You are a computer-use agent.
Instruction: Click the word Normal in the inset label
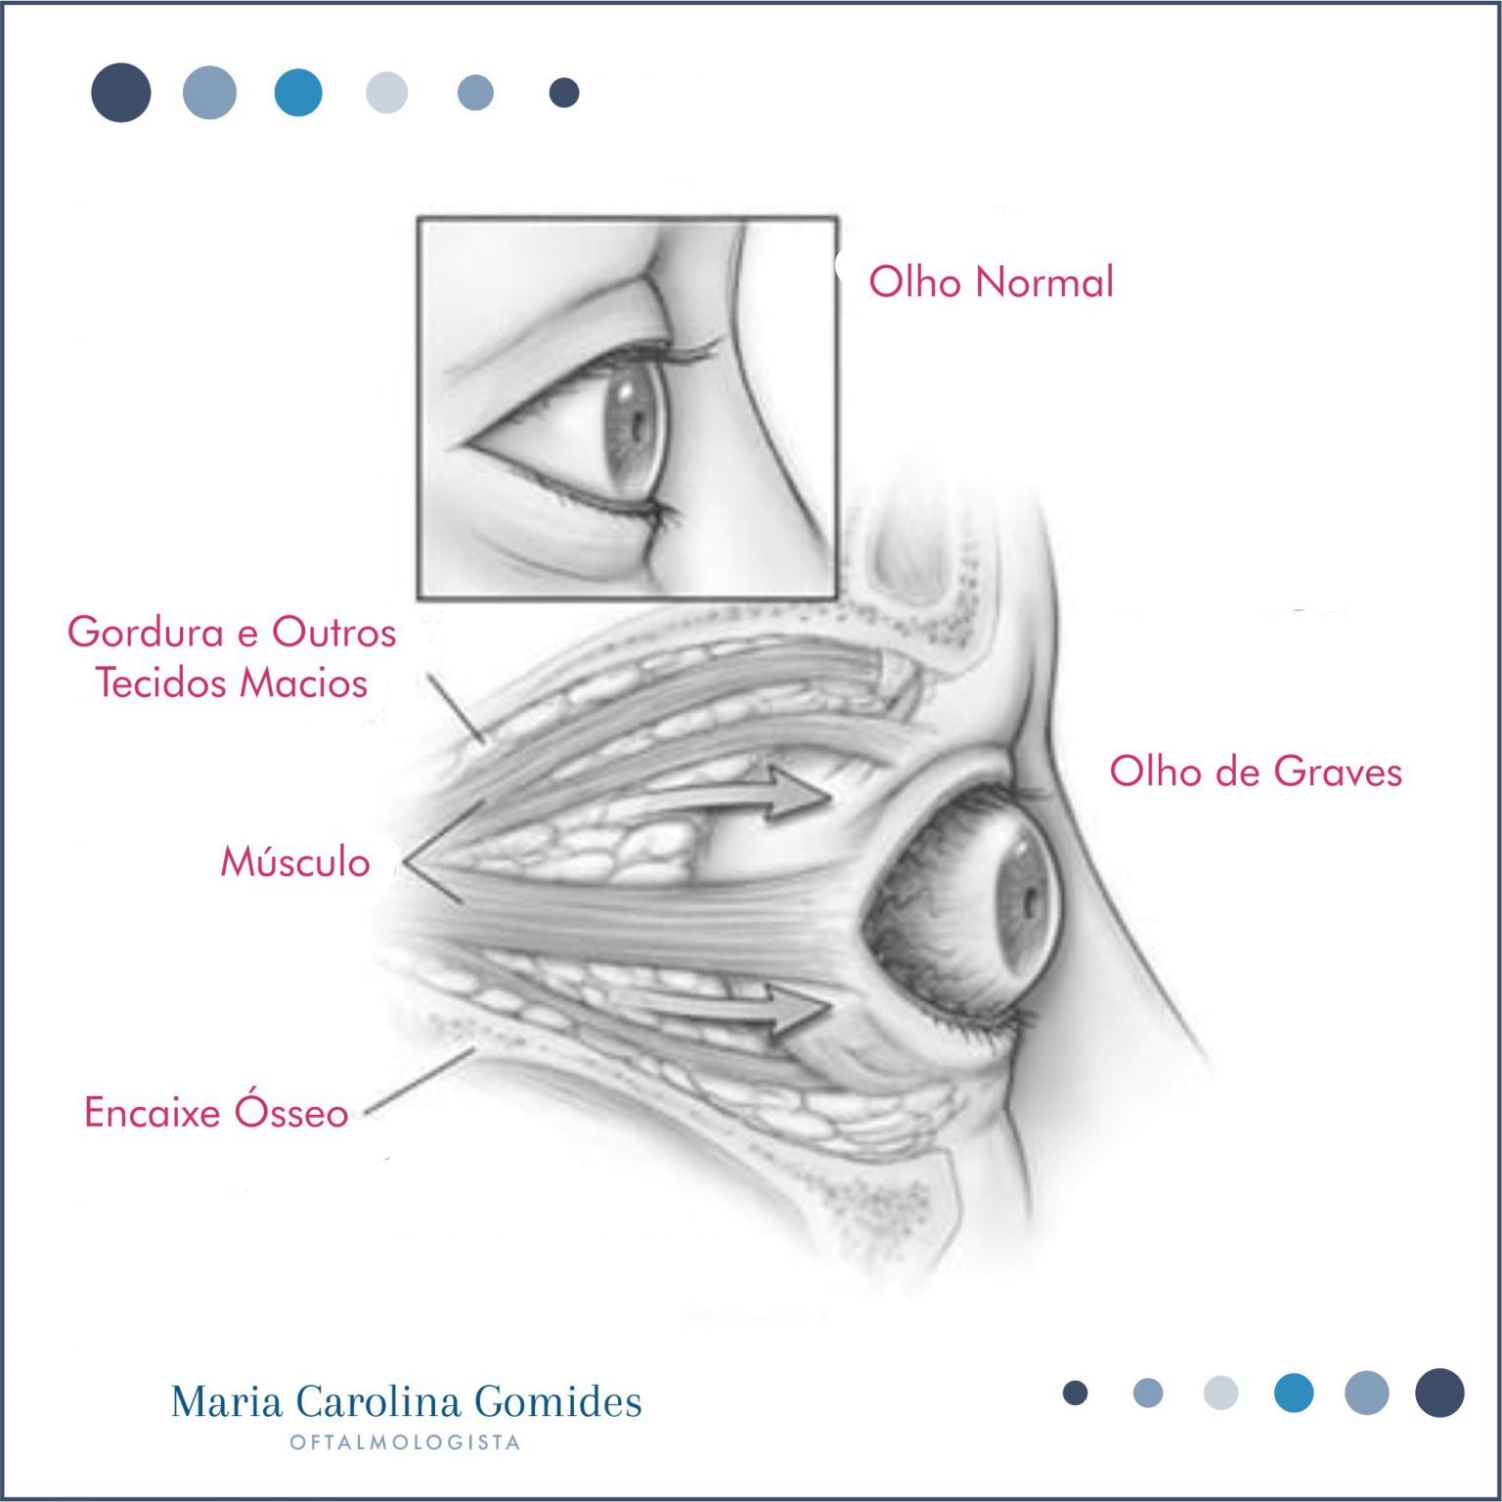1044,282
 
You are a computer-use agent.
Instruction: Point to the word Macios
303,683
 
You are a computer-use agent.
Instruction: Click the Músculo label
295,861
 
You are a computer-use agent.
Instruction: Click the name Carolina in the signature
378,1401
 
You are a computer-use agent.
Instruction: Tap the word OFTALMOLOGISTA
405,1442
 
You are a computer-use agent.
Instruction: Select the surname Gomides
558,1401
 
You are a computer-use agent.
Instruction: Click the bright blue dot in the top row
298,93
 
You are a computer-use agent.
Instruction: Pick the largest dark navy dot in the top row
121,93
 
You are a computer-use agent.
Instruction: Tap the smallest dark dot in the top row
564,93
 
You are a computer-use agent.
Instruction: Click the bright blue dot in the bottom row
1294,1392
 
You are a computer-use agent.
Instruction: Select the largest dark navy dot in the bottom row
1439,1392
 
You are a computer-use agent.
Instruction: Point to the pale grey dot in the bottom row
1220,1392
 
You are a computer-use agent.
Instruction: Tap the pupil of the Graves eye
1031,904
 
